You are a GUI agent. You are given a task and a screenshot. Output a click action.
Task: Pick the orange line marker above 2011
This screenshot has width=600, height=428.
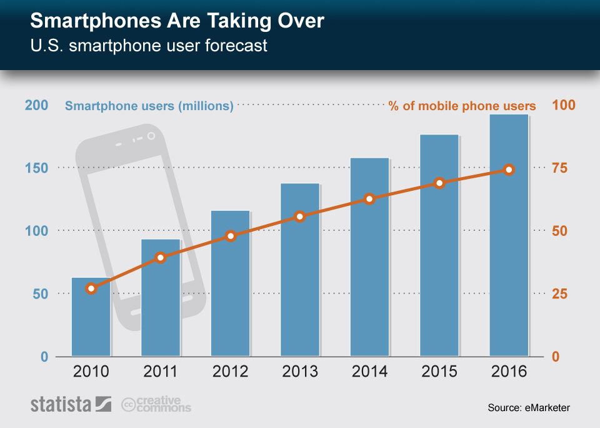coord(161,257)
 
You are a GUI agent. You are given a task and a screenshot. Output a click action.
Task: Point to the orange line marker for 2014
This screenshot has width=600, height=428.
coord(369,199)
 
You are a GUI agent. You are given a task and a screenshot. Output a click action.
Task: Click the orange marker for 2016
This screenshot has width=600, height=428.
coord(509,170)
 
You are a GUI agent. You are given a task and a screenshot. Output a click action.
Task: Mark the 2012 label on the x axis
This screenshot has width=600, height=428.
coord(231,372)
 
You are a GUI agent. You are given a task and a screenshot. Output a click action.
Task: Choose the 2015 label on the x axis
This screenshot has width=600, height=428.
coord(439,372)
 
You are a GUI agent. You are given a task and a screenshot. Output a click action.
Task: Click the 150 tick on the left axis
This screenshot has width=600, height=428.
coord(36,168)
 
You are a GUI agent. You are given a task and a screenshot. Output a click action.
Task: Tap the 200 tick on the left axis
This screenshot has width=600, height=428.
coord(36,105)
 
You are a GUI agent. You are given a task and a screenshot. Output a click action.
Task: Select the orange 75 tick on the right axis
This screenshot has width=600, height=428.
coord(559,168)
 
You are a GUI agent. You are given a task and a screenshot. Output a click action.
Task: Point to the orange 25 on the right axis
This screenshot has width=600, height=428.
coord(559,294)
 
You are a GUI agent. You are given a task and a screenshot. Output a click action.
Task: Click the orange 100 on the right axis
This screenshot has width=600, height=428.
coord(563,105)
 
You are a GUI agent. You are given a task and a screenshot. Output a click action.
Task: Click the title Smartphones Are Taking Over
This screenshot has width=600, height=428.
coord(177,21)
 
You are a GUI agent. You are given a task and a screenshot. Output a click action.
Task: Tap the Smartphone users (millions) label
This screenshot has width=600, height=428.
coord(149,106)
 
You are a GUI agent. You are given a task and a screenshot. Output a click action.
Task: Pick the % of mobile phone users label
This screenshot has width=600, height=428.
coord(462,106)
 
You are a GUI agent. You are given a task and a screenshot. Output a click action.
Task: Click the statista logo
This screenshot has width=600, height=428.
coord(71,404)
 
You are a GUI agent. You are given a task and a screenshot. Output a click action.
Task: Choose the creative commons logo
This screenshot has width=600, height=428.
coord(156,404)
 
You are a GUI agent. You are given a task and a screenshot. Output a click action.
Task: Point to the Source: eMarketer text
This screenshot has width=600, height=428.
coord(529,408)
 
